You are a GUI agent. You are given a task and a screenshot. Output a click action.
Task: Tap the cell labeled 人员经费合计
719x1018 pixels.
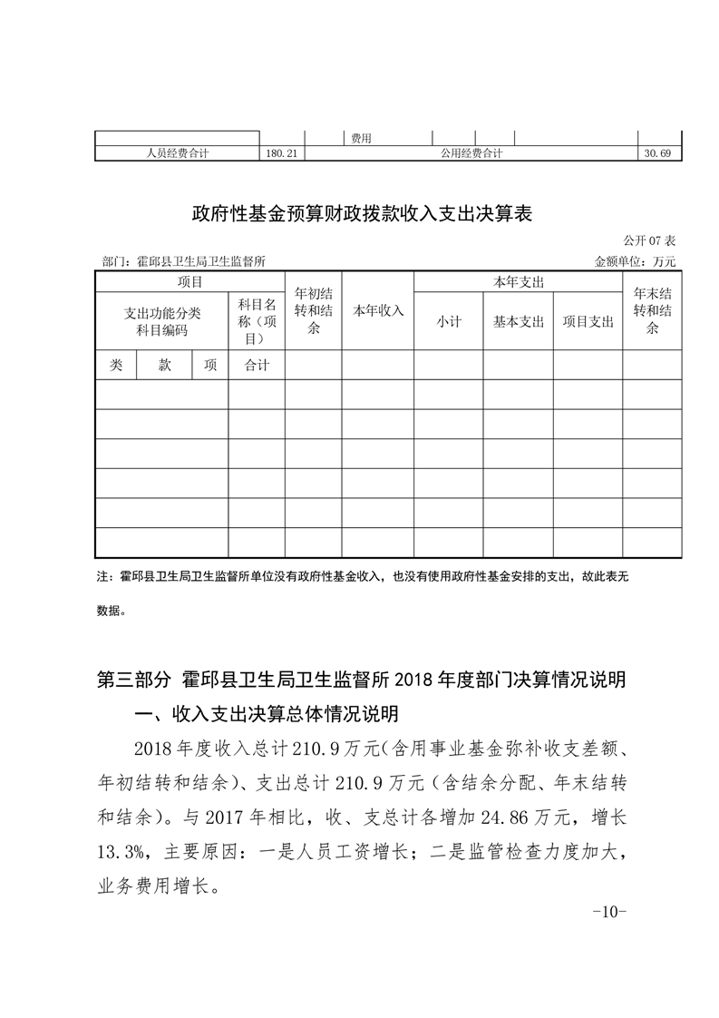178,153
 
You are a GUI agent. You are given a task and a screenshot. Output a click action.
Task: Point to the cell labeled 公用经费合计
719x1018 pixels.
471,153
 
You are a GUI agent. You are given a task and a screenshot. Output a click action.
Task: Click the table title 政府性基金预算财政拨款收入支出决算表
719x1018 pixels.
360,215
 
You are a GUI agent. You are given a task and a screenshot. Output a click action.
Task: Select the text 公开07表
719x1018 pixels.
650,241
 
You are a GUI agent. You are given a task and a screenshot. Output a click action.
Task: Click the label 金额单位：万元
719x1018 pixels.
636,261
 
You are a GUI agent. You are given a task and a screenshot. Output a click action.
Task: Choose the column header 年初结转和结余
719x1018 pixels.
314,310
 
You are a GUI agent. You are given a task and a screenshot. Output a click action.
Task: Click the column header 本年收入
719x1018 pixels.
378,310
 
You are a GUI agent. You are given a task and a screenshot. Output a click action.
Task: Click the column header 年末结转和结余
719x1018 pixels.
652,310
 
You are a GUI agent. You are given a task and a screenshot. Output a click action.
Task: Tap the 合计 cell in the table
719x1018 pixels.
256,365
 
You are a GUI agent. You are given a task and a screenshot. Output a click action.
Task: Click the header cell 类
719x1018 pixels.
116,365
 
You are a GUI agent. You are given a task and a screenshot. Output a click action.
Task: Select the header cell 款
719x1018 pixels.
164,365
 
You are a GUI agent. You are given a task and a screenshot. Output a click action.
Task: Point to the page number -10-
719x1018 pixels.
608,911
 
